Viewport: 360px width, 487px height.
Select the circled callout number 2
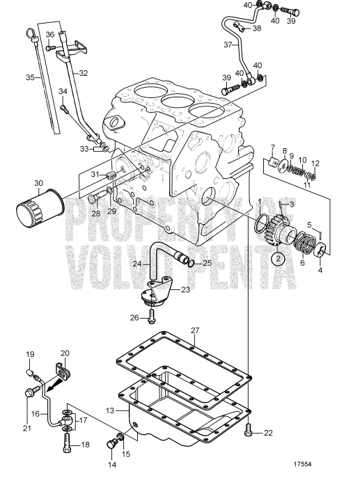(277, 257)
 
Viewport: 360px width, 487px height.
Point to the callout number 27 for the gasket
(196, 330)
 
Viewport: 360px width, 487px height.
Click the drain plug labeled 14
(109, 444)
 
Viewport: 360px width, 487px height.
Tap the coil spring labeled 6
(304, 245)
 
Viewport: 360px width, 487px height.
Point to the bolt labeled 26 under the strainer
(152, 317)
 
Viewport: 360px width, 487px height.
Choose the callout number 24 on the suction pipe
(157, 264)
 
